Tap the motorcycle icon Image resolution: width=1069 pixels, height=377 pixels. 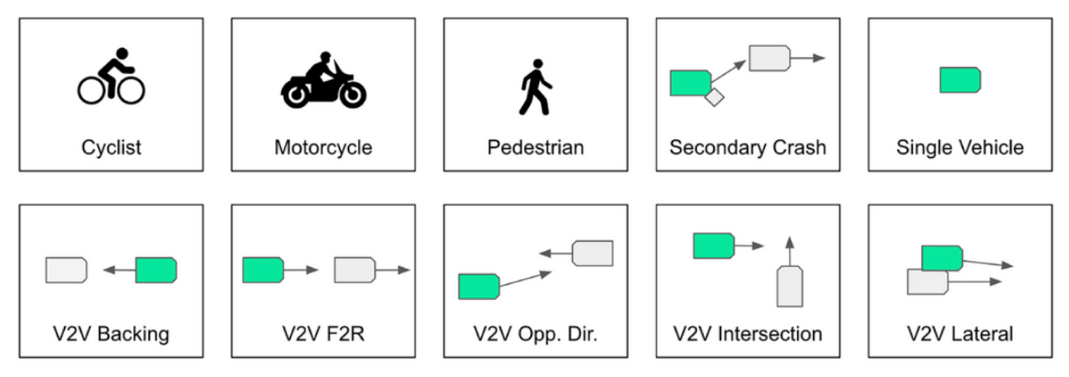(x=323, y=81)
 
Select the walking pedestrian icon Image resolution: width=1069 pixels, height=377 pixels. (x=535, y=86)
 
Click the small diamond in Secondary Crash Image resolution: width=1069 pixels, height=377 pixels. (x=714, y=97)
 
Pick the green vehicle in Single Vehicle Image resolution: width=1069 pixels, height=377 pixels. (x=960, y=80)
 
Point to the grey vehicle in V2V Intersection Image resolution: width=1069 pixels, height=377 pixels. (x=790, y=286)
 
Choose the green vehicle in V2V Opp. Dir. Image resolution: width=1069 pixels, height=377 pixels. (x=479, y=286)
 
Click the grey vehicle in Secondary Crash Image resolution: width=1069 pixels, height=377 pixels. (x=768, y=58)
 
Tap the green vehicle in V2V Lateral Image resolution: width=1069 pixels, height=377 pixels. (x=941, y=257)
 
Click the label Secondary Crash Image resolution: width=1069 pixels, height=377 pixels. (x=748, y=147)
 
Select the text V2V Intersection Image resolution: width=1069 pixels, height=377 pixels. (x=748, y=333)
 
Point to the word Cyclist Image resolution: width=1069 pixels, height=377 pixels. (x=111, y=147)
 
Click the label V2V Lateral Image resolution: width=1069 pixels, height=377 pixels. (x=960, y=333)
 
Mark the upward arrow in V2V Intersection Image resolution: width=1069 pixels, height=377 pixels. (x=790, y=250)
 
